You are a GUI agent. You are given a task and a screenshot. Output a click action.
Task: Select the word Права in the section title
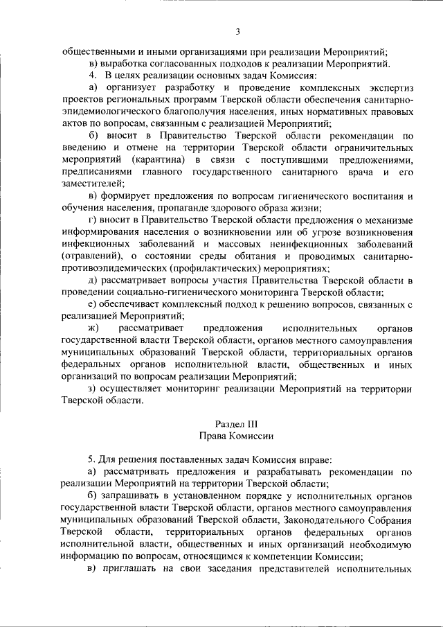point(213,436)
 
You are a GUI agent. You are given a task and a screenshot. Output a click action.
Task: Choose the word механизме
point(385,220)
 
